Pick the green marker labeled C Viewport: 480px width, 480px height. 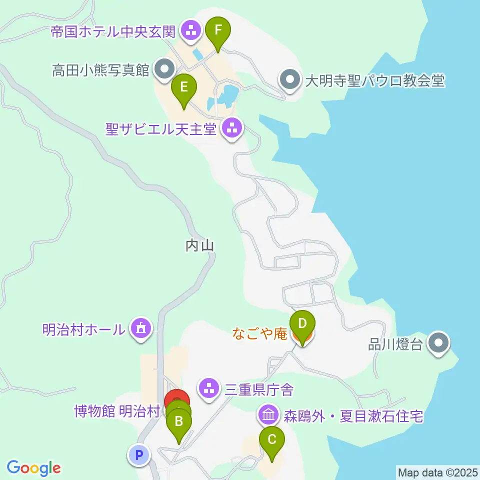pos(272,440)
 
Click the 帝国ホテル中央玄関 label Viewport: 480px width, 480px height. pos(113,32)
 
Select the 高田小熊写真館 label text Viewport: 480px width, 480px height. pos(101,70)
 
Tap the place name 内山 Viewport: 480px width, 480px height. pos(199,245)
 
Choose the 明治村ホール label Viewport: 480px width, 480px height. pos(83,329)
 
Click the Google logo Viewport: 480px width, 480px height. pos(33,468)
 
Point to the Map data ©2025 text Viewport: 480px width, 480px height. pos(437,472)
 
